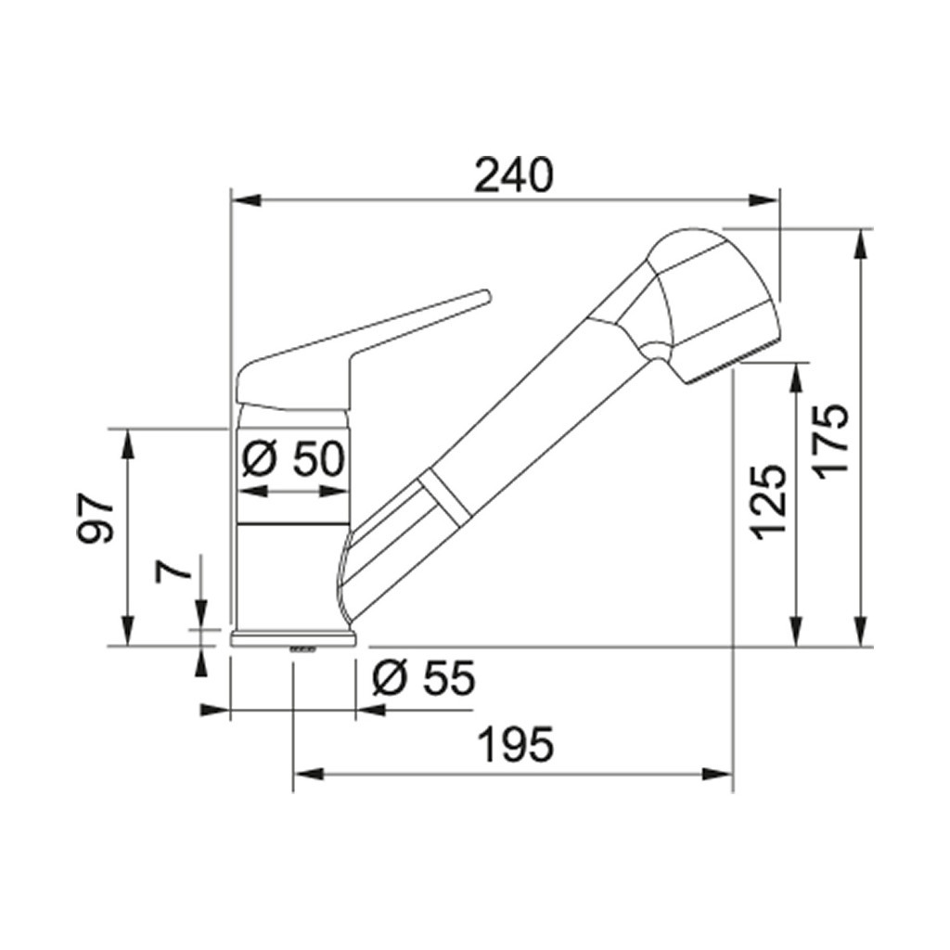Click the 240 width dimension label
tap(513, 175)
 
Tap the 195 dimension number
tap(516, 745)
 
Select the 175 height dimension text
tap(832, 441)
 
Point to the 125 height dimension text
tap(768, 502)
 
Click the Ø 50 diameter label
tap(293, 458)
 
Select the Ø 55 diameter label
tap(423, 677)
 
